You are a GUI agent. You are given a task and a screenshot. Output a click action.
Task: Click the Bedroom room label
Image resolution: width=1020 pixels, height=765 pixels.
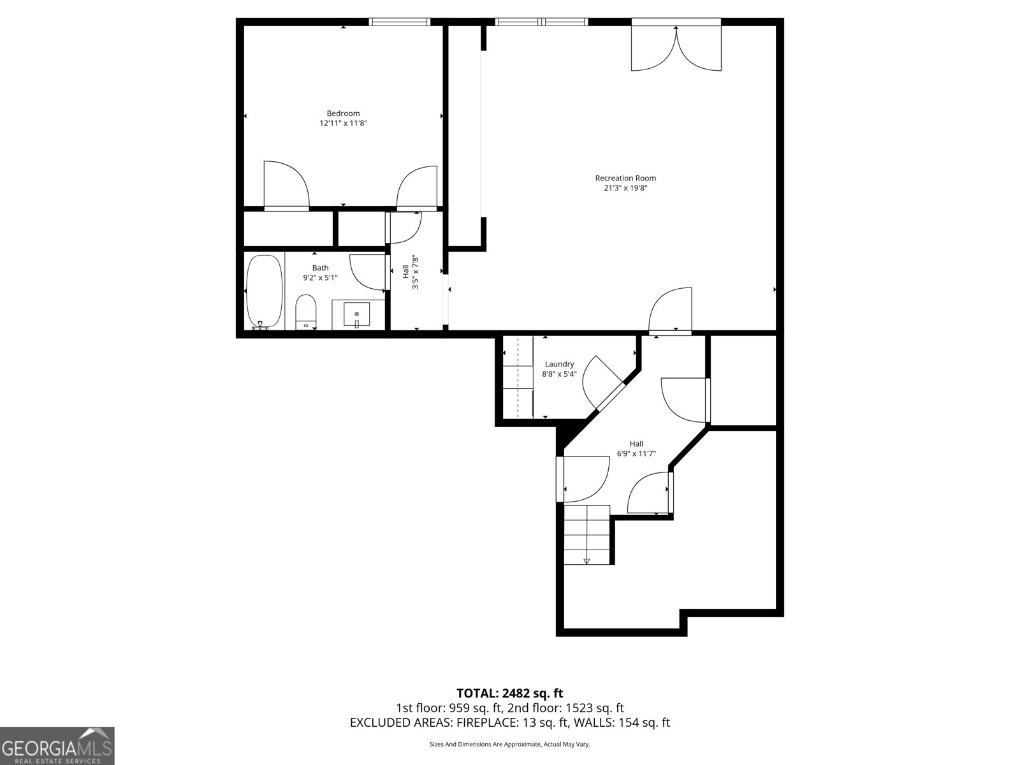343,113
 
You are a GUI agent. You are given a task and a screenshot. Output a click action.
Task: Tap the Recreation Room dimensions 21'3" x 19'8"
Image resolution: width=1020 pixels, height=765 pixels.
625,188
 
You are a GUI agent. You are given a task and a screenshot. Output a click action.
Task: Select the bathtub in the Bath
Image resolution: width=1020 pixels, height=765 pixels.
264,292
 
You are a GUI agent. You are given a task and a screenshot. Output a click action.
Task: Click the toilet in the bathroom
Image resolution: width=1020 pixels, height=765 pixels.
306,311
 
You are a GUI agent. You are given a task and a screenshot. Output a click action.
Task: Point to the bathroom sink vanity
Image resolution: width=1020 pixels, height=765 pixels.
358,315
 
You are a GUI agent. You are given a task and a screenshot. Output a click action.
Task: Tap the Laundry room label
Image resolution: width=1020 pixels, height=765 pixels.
559,364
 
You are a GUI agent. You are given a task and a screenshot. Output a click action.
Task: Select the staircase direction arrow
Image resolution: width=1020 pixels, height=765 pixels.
586,561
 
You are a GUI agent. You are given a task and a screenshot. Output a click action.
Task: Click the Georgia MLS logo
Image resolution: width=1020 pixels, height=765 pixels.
57,745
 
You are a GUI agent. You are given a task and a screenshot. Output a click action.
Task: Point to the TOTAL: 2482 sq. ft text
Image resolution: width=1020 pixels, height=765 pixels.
509,693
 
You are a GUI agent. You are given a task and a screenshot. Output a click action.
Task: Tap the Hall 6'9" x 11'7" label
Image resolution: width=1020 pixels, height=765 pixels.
636,449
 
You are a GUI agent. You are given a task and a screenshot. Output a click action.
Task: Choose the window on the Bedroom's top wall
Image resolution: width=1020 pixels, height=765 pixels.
400,22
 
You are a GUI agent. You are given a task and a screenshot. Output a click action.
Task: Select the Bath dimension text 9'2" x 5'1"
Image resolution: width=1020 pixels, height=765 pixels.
320,277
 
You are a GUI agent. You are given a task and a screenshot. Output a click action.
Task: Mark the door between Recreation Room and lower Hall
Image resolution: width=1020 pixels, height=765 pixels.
671,311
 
